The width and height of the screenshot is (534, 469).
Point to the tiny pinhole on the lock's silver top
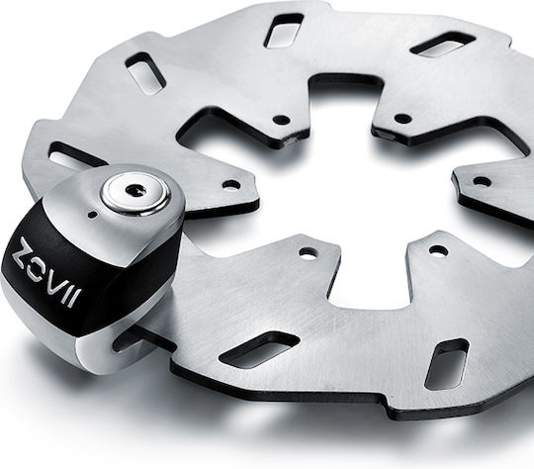(x=92, y=215)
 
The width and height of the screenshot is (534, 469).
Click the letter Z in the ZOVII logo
(x=26, y=250)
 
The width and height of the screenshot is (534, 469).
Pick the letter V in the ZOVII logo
(x=57, y=282)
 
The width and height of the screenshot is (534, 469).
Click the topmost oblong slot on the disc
(x=284, y=30)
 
